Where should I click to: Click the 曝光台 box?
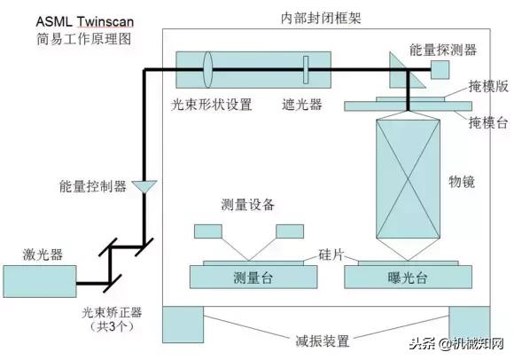[x=409, y=276]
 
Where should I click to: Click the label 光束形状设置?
[x=212, y=105]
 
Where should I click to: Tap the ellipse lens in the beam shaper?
[x=208, y=69]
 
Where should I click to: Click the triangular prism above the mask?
[x=398, y=64]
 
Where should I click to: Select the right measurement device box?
[x=290, y=231]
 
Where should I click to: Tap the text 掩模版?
[x=487, y=89]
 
